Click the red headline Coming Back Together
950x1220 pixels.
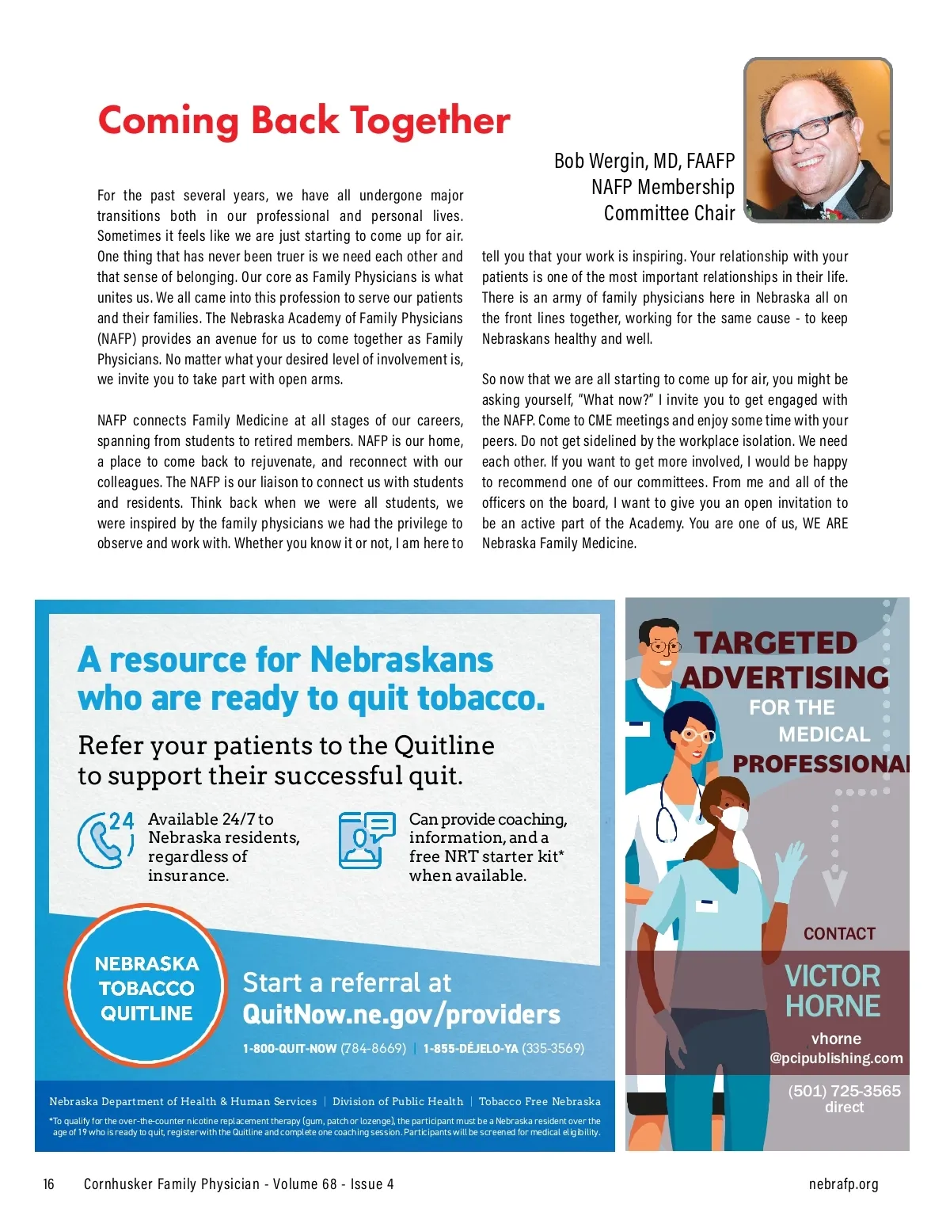pyautogui.click(x=304, y=121)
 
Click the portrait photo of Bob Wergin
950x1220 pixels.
pyautogui.click(x=818, y=139)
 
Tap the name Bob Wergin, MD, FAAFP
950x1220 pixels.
pyautogui.click(x=644, y=161)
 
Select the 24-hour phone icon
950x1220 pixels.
pyautogui.click(x=105, y=840)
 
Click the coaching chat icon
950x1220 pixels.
pyautogui.click(x=366, y=840)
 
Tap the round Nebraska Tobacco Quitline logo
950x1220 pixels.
pyautogui.click(x=146, y=988)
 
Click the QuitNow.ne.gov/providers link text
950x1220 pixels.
pyautogui.click(x=401, y=1014)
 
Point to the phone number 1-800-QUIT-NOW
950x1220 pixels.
pyautogui.click(x=289, y=1049)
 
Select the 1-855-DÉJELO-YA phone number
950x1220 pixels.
pyautogui.click(x=470, y=1049)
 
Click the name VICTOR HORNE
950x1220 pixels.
pyautogui.click(x=833, y=990)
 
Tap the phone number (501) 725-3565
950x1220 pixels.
pyautogui.click(x=844, y=1091)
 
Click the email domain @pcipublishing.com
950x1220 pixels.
pyautogui.click(x=836, y=1058)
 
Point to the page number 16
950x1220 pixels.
pyautogui.click(x=49, y=1184)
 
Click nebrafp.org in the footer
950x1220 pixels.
pyautogui.click(x=843, y=1184)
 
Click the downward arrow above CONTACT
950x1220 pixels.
pyautogui.click(x=834, y=887)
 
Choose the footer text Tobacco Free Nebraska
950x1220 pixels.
pyautogui.click(x=539, y=1101)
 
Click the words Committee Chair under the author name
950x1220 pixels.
pyautogui.click(x=669, y=213)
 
